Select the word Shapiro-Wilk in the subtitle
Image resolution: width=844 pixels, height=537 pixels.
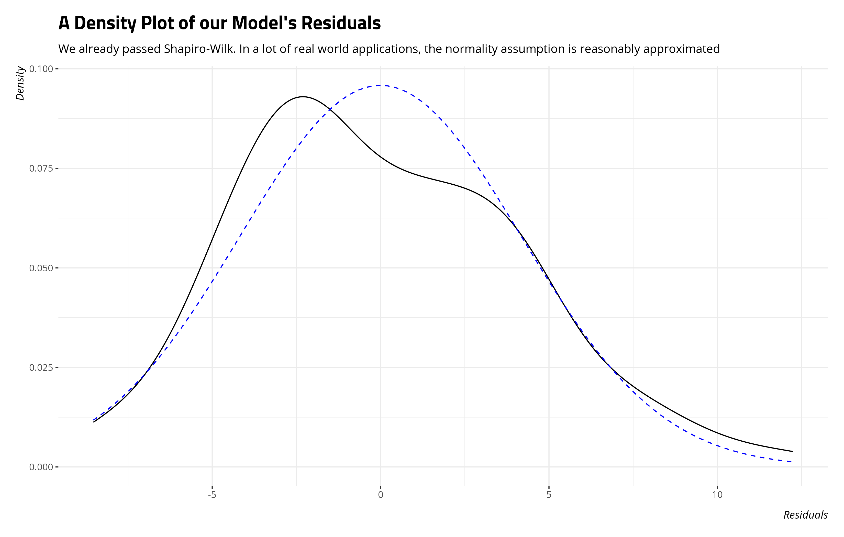point(199,49)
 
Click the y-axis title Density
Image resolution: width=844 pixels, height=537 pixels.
point(20,83)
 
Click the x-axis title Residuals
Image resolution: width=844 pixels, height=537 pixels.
point(805,515)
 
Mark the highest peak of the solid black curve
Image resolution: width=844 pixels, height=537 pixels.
point(303,96)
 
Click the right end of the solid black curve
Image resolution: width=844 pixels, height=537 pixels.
point(793,452)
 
